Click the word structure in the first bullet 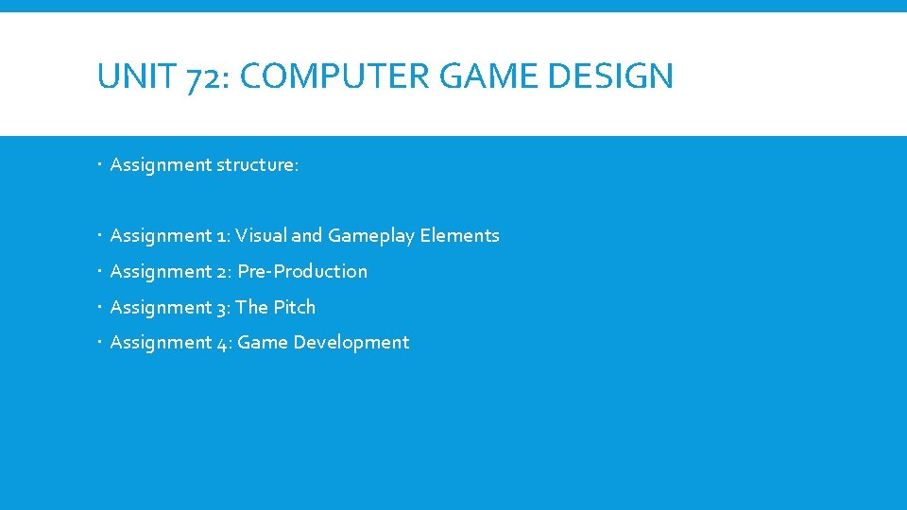click(x=257, y=165)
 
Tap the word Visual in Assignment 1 click(x=261, y=235)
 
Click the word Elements click(x=459, y=235)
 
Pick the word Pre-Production click(x=302, y=271)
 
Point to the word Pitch click(x=294, y=307)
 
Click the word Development click(x=351, y=343)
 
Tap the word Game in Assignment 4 click(x=263, y=343)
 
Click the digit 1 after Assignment click(x=221, y=236)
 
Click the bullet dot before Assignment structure click(x=100, y=165)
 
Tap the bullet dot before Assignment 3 click(x=100, y=307)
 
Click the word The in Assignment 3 click(x=252, y=307)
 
